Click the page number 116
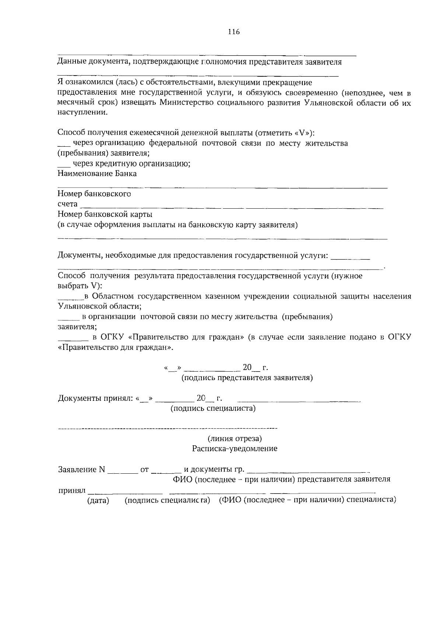click(x=234, y=32)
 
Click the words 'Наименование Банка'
click(x=97, y=174)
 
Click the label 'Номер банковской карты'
click(x=105, y=214)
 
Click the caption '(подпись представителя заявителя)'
click(x=247, y=378)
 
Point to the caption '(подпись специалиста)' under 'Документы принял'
click(x=213, y=408)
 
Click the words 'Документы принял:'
click(x=95, y=398)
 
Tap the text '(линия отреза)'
click(x=235, y=439)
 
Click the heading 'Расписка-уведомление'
click(x=235, y=449)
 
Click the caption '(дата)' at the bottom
click(x=98, y=500)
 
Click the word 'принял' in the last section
click(x=72, y=491)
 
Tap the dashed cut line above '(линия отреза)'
click(x=168, y=429)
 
